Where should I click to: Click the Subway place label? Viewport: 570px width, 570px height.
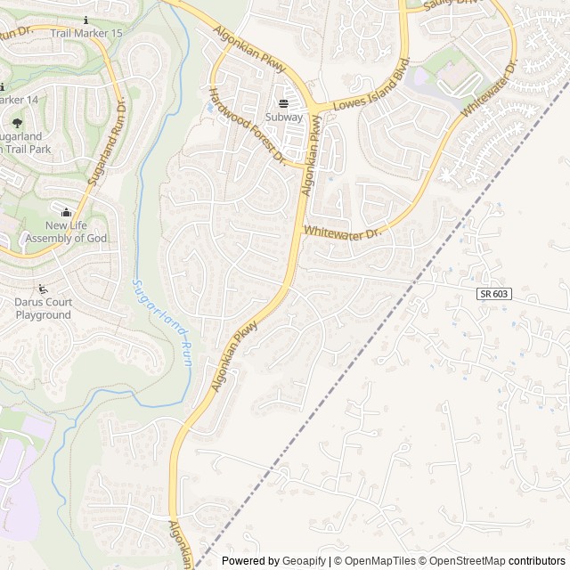tap(284, 117)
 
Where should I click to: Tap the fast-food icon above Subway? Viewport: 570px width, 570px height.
tap(284, 103)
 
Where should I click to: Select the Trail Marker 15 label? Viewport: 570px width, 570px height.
tap(86, 33)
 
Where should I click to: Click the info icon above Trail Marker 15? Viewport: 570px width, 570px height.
tap(85, 20)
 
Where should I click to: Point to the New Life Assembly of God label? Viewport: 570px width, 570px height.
tap(66, 232)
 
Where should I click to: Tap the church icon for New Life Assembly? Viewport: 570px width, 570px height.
tap(66, 212)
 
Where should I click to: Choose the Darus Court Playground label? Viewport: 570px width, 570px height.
tap(43, 308)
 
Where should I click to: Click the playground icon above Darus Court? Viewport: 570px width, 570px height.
tap(43, 289)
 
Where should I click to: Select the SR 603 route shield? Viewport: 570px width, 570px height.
tap(493, 294)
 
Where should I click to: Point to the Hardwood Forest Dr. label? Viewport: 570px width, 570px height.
tap(246, 125)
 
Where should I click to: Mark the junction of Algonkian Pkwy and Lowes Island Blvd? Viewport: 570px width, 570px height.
tap(313, 110)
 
